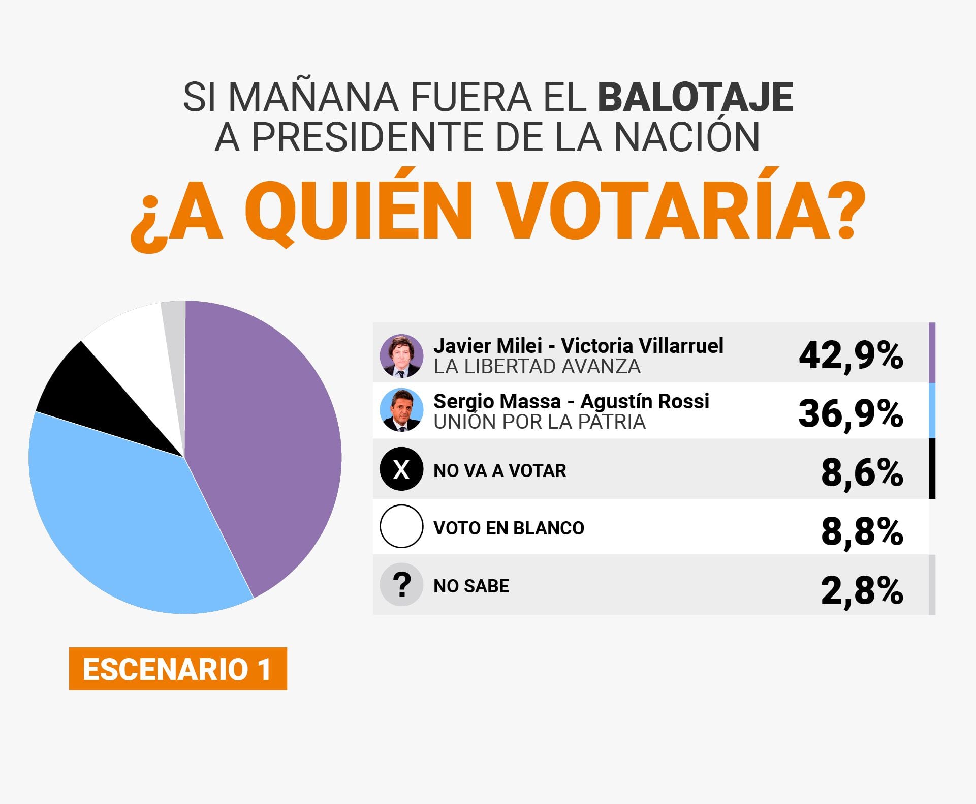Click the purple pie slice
tap(264, 442)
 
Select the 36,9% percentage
tap(851, 413)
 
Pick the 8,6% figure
tap(862, 472)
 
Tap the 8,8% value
tap(862, 531)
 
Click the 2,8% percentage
tap(862, 590)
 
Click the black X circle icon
tap(401, 469)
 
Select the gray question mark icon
tap(401, 584)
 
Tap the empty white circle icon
tap(401, 526)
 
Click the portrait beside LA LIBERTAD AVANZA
tap(401, 355)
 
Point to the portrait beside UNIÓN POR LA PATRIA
tap(401, 410)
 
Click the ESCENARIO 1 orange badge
tap(178, 668)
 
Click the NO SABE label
tap(471, 586)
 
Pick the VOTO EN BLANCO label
tap(509, 528)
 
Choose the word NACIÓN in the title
tap(687, 137)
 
